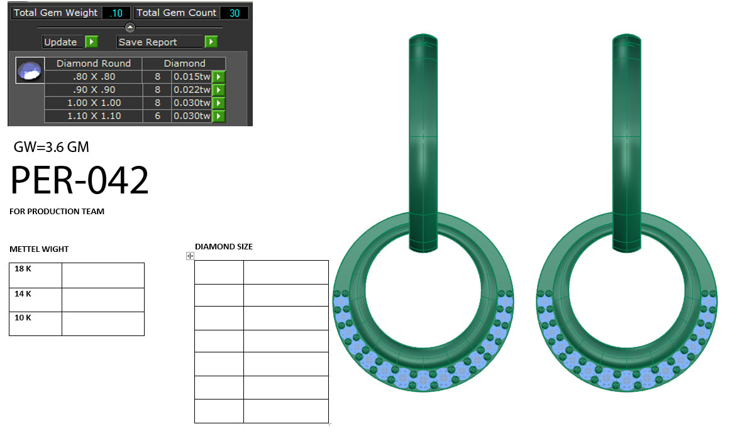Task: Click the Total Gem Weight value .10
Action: coord(116,13)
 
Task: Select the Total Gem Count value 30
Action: coord(234,13)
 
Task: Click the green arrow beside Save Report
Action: coord(211,42)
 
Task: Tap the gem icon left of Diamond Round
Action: coord(30,71)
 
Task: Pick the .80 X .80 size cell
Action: coord(94,77)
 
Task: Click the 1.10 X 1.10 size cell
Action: coord(94,116)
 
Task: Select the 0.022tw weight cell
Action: coord(191,90)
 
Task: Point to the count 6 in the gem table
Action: coord(157,116)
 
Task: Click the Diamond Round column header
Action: coord(94,63)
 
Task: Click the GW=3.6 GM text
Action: coord(51,148)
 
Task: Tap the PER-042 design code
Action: coord(80,181)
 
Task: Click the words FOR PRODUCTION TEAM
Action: coord(57,212)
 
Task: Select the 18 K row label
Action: coord(23,269)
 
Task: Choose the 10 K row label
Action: coord(23,318)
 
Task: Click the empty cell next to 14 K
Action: coord(103,300)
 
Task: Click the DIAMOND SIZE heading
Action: coord(224,247)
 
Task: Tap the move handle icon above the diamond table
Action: coord(190,256)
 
